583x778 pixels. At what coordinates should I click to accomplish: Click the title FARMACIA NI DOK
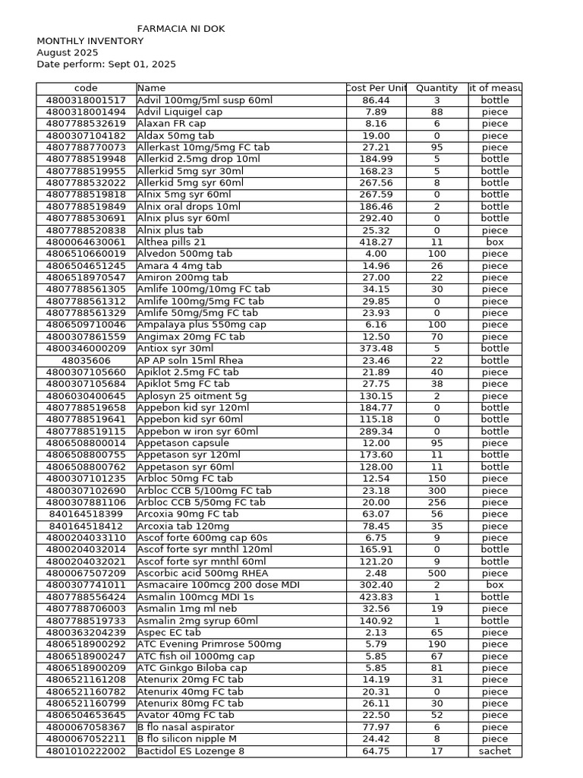coord(181,29)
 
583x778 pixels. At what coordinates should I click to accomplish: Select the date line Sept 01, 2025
coord(106,65)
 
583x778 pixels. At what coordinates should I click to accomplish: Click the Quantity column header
coord(436,88)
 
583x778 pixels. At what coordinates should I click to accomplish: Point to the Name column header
coord(151,88)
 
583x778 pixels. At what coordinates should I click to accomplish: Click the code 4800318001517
coord(86,100)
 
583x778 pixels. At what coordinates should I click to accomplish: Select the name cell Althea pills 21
coord(172,242)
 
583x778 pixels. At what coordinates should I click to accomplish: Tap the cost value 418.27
coord(376,242)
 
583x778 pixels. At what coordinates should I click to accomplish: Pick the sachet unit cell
coord(494,751)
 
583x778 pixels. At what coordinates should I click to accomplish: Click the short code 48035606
coord(86,361)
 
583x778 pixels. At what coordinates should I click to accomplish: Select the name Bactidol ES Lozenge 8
coord(191,751)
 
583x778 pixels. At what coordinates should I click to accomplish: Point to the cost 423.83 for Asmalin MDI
coord(376,597)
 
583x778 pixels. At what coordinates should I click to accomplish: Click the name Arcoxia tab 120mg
coord(183,526)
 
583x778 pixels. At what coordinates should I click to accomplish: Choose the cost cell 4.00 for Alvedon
coord(376,254)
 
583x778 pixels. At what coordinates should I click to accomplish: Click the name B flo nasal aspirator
coord(186,727)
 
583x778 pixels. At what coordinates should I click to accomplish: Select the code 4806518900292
coord(86,644)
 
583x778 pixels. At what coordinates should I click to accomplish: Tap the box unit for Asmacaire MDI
coord(494,585)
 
